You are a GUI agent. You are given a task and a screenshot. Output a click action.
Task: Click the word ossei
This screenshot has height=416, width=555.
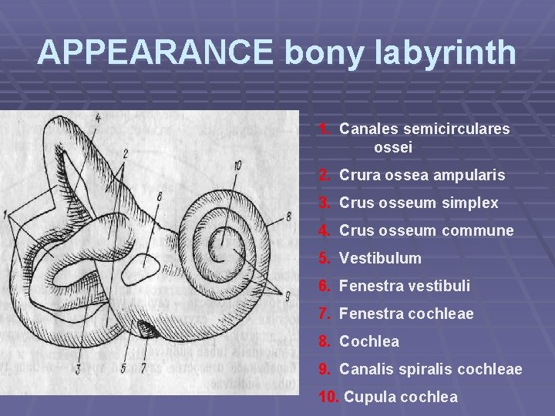393,146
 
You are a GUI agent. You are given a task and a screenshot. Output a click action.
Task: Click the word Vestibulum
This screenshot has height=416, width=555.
380,258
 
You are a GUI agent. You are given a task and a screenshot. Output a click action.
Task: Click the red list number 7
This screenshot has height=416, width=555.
325,314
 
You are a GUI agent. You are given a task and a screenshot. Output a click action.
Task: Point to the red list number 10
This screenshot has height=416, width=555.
328,398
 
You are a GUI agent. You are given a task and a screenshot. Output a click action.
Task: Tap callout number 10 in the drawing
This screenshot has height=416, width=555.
237,165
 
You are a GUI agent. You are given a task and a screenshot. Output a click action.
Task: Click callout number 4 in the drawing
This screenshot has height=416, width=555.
98,118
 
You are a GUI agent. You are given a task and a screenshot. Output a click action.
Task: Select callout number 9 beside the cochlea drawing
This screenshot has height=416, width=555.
288,297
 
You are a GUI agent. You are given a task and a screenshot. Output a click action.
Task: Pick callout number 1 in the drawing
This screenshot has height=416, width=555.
6,213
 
